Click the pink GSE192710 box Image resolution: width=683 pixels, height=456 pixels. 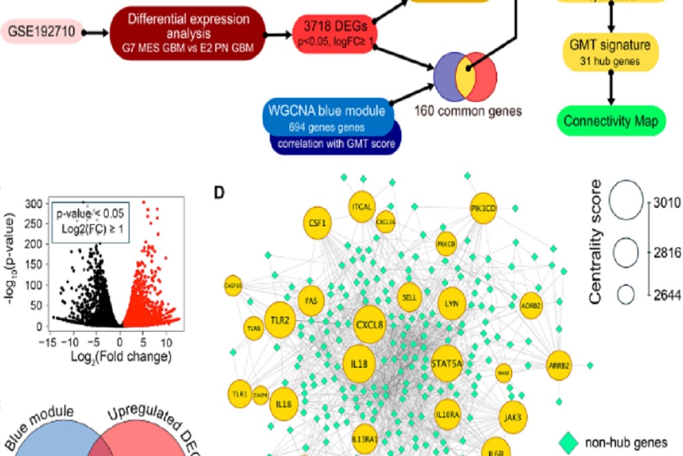[x=43, y=31]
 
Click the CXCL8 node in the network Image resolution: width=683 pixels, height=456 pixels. [x=373, y=323]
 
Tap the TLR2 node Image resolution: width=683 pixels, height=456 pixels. [x=280, y=320]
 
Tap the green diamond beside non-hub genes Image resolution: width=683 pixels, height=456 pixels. [x=566, y=442]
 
